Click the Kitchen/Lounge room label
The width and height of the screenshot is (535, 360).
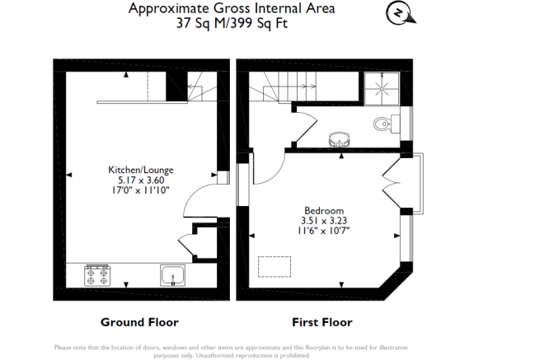coord(141,170)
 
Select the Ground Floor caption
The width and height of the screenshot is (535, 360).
coord(139,321)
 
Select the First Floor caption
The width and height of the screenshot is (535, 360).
coord(322,321)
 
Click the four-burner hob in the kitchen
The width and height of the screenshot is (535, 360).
coord(98,275)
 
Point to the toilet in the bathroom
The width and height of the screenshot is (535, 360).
coord(384,125)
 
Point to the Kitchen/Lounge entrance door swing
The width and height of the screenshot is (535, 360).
coord(195,201)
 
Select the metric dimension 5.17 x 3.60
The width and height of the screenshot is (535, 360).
coord(141,180)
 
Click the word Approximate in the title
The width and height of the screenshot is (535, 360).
coord(165,8)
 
